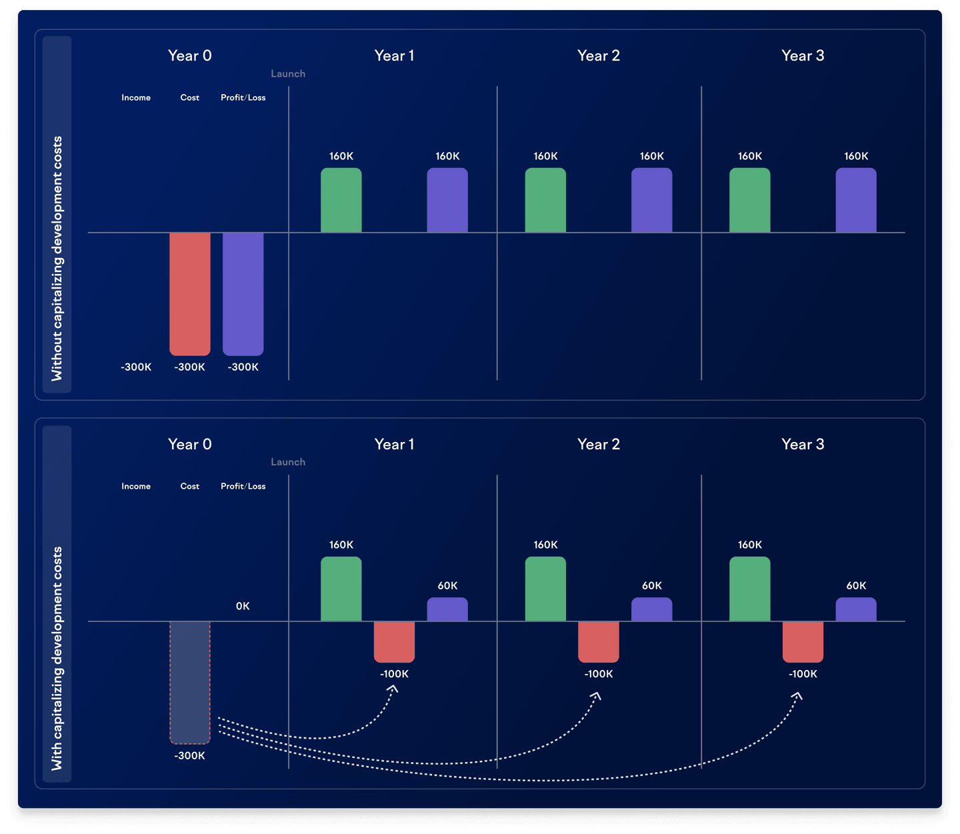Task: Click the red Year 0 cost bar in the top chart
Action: pos(190,293)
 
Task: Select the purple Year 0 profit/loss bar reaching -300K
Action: pos(243,293)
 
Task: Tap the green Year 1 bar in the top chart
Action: pos(341,200)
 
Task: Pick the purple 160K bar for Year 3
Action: pos(856,200)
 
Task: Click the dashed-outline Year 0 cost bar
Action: pos(190,682)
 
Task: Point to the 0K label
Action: pos(243,606)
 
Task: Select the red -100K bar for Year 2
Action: pos(599,641)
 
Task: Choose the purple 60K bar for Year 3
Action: pos(856,609)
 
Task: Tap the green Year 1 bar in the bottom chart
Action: pos(341,589)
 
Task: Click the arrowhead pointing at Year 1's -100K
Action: pos(393,689)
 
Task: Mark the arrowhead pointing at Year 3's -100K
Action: pos(797,696)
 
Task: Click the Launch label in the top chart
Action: pos(288,74)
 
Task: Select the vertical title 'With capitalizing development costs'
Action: pos(57,658)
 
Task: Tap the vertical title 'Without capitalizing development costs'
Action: pos(57,259)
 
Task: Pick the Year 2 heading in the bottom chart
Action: pos(599,445)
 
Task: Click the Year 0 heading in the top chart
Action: pos(190,56)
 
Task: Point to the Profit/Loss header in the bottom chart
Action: pos(243,487)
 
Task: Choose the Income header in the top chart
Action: pos(136,98)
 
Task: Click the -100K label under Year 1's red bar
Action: pos(395,674)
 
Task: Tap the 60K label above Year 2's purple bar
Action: pos(652,586)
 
